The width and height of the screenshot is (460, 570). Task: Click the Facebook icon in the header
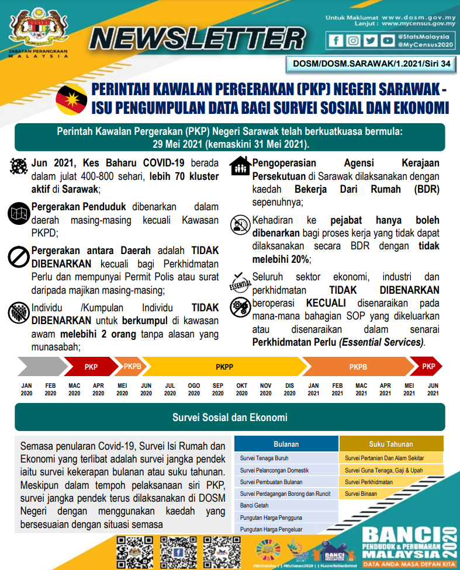click(x=336, y=41)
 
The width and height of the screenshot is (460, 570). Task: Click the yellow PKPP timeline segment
click(x=224, y=367)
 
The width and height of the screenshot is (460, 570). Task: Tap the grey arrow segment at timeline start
click(x=39, y=367)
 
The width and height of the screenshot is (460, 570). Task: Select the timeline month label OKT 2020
click(x=241, y=390)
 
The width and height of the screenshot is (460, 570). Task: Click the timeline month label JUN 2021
click(x=433, y=390)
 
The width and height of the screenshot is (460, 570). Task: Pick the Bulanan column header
click(x=286, y=444)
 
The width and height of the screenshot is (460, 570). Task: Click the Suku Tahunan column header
click(x=391, y=444)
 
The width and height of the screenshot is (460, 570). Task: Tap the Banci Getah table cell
click(x=254, y=506)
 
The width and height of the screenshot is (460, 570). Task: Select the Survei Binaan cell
click(x=361, y=494)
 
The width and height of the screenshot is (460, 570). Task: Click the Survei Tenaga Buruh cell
click(x=264, y=458)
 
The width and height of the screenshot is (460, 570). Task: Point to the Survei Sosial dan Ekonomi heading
click(x=230, y=418)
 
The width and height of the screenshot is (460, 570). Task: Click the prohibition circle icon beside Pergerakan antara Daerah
click(x=19, y=256)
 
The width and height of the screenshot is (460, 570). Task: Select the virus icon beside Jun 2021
click(x=19, y=166)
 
